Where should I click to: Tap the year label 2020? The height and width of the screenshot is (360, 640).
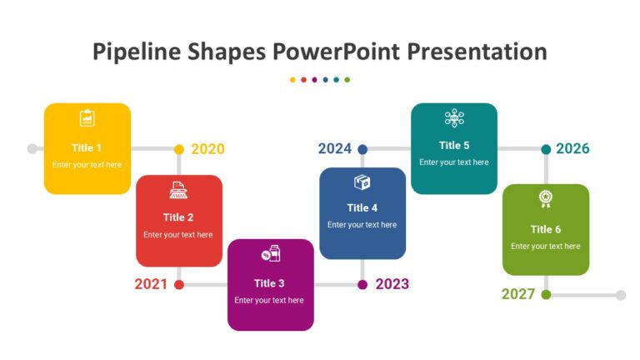[207, 149]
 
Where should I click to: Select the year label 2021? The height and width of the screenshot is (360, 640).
[151, 284]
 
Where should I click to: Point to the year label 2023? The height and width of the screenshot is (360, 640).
[392, 284]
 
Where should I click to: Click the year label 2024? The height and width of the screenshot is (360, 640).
[334, 149]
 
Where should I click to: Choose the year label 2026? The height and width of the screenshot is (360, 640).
[572, 149]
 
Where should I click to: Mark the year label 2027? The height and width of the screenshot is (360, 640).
[518, 294]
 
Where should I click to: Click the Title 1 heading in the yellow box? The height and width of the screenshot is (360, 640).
[87, 147]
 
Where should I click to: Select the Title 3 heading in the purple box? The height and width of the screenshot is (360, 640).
[269, 283]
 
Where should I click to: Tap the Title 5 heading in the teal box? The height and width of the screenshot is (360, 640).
[454, 145]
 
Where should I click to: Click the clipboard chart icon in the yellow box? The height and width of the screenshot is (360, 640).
[87, 118]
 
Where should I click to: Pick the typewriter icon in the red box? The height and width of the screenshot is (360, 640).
[178, 190]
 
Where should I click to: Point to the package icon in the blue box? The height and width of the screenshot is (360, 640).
[362, 182]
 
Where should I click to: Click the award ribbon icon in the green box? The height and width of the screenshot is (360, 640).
[545, 198]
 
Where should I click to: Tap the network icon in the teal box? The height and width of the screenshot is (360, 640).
[454, 117]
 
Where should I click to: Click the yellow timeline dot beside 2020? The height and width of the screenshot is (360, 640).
[179, 149]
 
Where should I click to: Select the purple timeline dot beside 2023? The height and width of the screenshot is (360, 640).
[362, 284]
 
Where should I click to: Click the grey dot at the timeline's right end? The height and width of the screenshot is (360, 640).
[621, 294]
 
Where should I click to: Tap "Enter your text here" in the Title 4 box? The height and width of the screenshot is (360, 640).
[362, 225]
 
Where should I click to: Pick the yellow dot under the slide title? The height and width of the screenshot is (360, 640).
[292, 80]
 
